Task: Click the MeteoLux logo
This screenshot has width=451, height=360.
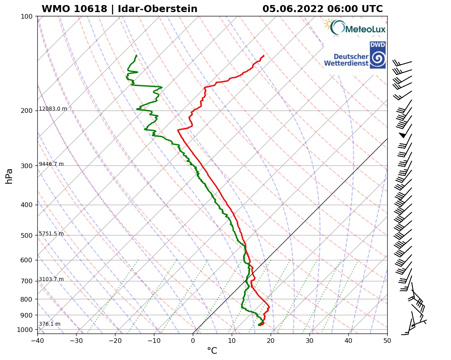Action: click(355, 28)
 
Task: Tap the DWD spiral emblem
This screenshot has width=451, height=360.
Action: click(378, 59)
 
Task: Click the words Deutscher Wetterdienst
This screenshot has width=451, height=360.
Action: click(346, 60)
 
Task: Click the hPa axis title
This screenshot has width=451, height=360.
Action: click(9, 176)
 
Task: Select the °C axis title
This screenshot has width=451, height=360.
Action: click(212, 351)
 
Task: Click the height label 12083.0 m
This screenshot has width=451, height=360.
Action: click(53, 109)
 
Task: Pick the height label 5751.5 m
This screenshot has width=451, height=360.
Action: click(51, 234)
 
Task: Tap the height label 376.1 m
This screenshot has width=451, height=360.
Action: click(49, 324)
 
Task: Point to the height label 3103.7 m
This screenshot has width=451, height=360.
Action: click(51, 279)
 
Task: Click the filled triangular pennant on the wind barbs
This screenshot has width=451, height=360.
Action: click(403, 135)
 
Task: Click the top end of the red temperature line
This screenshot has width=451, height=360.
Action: click(264, 56)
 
